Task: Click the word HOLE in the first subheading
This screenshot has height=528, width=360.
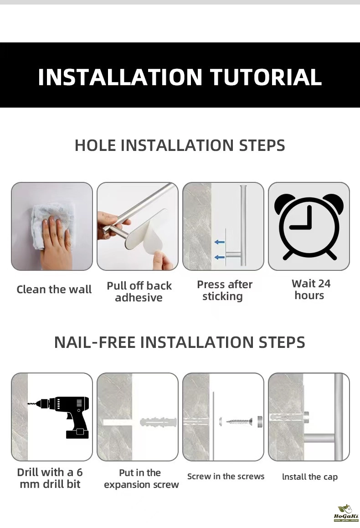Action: pyautogui.click(x=95, y=145)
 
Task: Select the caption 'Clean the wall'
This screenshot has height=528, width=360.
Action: pyautogui.click(x=54, y=289)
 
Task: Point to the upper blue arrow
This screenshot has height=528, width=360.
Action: pyautogui.click(x=219, y=242)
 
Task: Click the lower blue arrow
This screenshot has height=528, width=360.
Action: pyautogui.click(x=219, y=257)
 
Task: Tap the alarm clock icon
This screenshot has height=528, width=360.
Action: pyautogui.click(x=309, y=226)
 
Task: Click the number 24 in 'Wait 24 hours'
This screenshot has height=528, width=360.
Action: pyautogui.click(x=324, y=284)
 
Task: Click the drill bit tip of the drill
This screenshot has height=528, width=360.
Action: pyautogui.click(x=28, y=404)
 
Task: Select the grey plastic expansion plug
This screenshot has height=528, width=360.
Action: pyautogui.click(x=159, y=422)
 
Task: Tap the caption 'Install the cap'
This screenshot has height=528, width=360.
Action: pyautogui.click(x=309, y=477)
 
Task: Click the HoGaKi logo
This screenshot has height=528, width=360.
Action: pyautogui.click(x=346, y=513)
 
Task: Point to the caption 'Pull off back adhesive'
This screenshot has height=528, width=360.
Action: pyautogui.click(x=139, y=292)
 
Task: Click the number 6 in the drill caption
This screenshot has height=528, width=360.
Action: pyautogui.click(x=79, y=472)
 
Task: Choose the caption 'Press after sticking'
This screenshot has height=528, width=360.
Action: pyautogui.click(x=224, y=290)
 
